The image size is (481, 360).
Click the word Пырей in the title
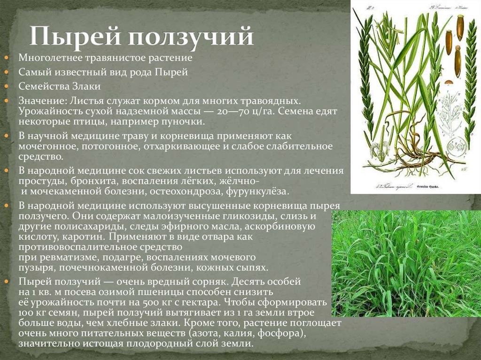[x=76, y=37]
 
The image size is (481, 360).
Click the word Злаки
[x=86, y=86]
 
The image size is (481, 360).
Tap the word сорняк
[x=210, y=282]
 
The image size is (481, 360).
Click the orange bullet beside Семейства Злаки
[x=7, y=86]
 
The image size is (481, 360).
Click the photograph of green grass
[x=406, y=263]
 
